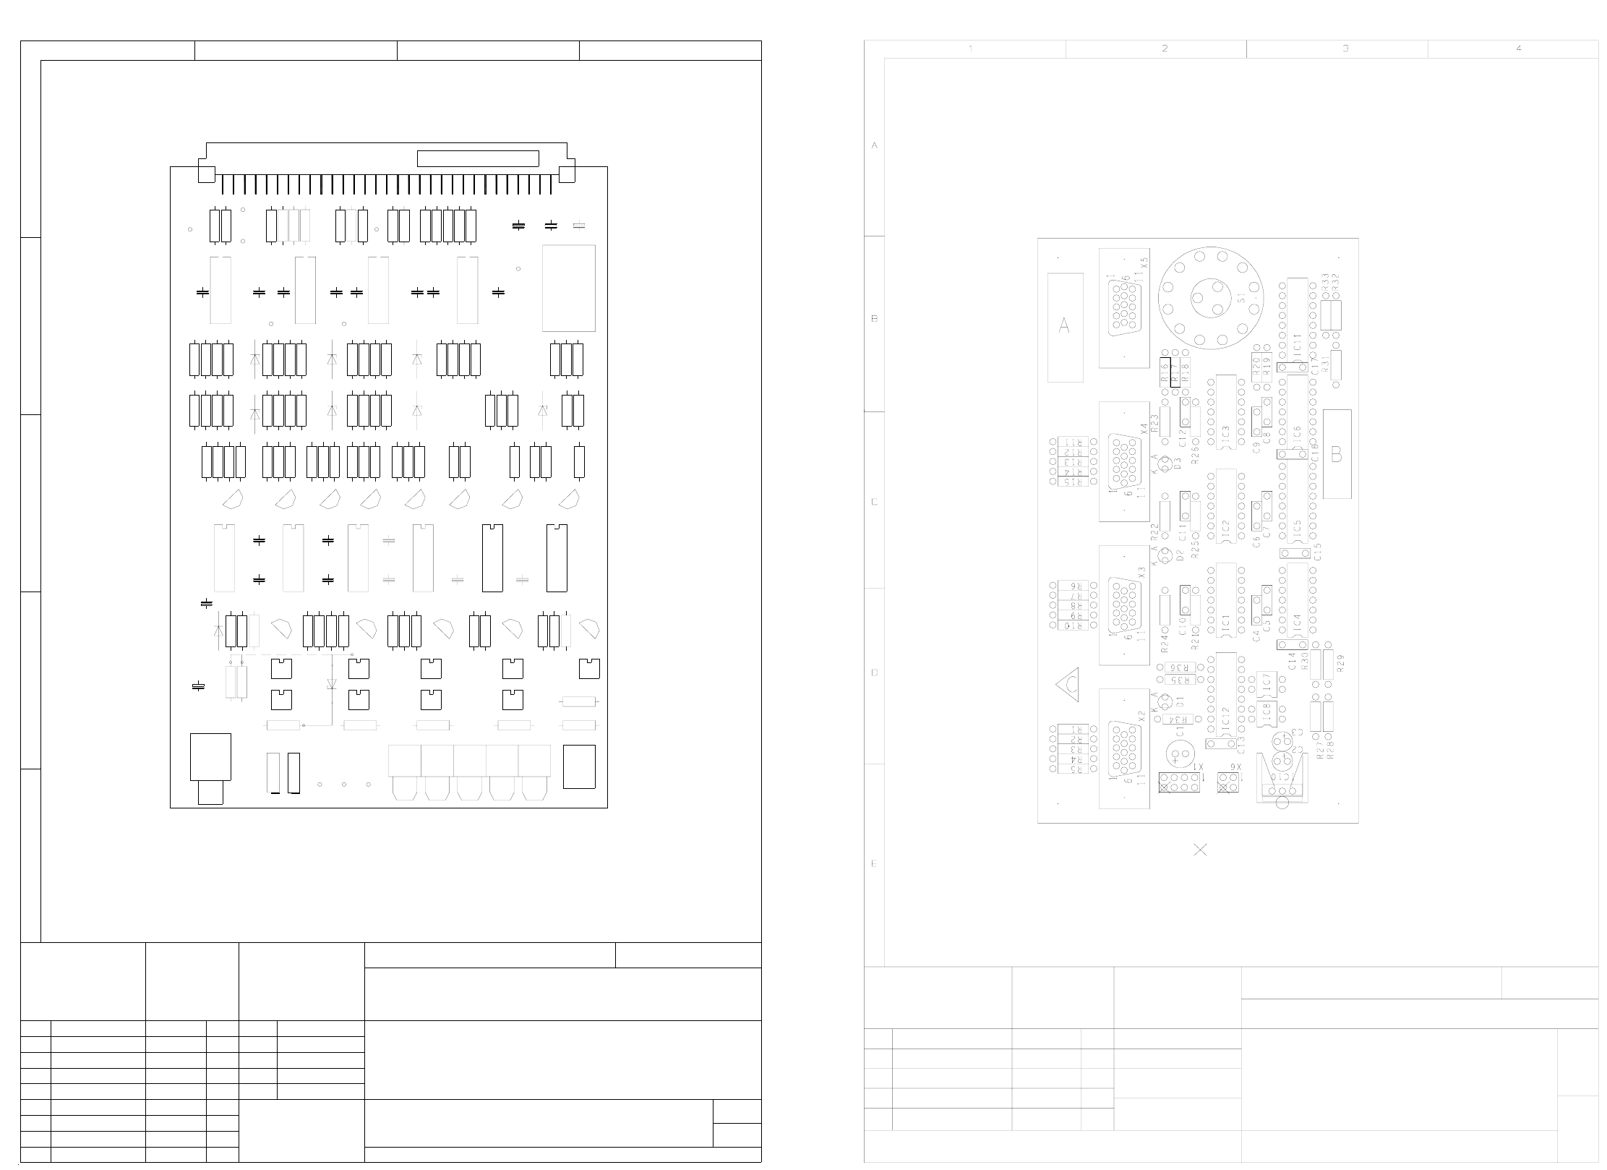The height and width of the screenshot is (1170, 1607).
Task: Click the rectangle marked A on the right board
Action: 1065,327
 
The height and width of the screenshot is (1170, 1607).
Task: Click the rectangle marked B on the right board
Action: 1337,454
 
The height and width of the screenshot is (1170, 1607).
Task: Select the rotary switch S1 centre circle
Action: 1209,299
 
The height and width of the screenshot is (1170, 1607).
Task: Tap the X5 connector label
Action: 1143,263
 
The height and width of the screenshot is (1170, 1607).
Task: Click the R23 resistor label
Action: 1154,419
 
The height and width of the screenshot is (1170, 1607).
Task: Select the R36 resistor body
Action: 1177,667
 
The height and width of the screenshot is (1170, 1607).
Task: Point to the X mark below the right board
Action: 1200,850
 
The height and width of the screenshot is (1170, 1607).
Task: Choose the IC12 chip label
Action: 1225,718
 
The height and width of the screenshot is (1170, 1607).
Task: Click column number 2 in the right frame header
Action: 1164,48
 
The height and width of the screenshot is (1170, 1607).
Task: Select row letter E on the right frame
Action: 874,864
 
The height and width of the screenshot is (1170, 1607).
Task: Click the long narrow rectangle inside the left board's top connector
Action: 478,158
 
